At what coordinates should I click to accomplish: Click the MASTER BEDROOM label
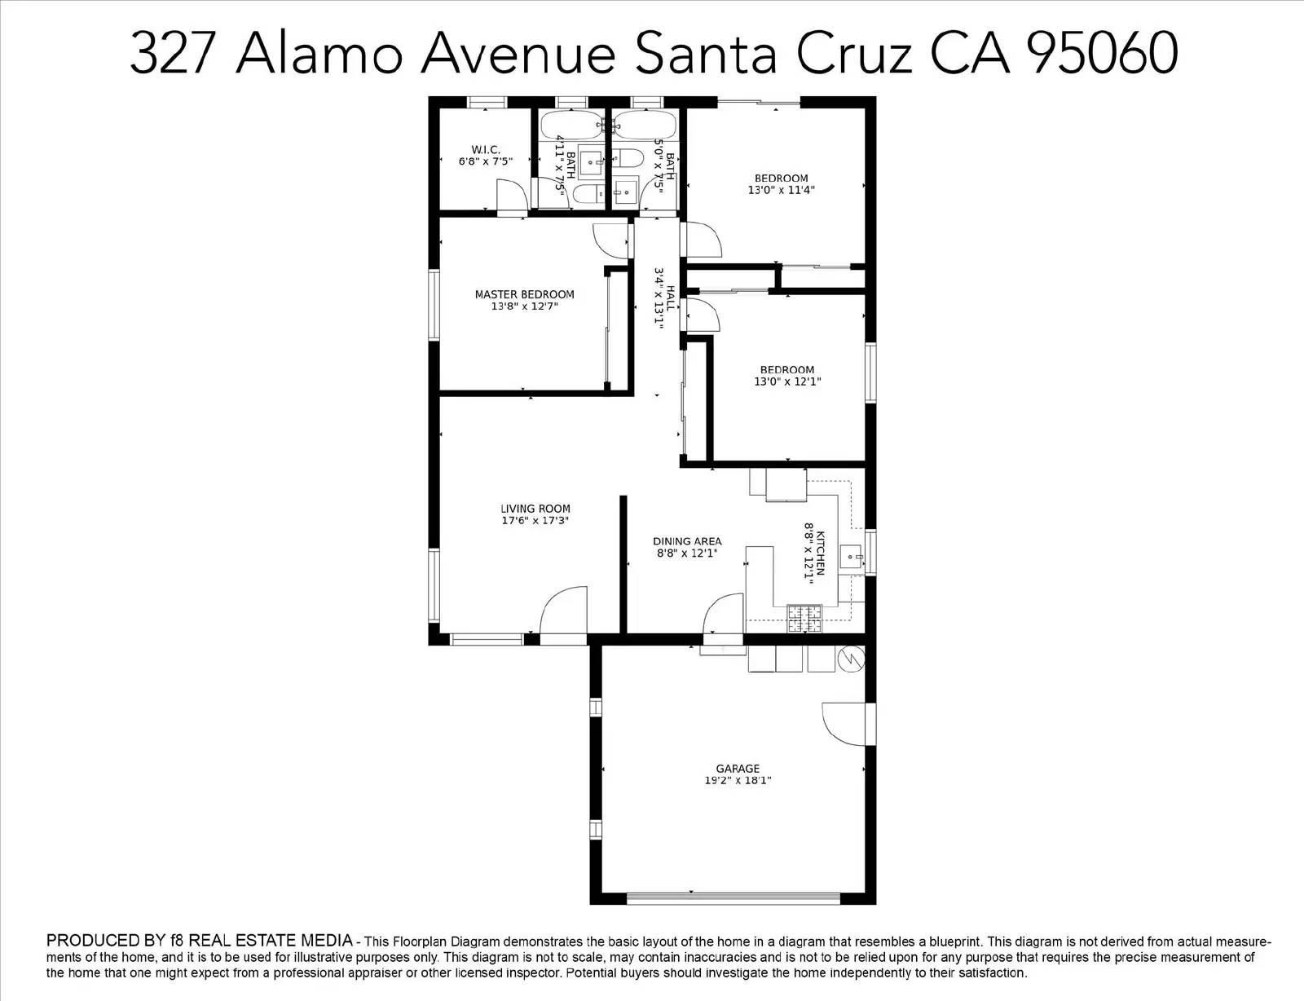(525, 294)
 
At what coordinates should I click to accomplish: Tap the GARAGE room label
(738, 768)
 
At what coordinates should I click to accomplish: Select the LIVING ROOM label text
(535, 509)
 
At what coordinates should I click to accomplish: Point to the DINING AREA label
(687, 541)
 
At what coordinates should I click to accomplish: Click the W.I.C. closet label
(486, 149)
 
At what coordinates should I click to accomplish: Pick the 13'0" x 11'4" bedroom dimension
(781, 190)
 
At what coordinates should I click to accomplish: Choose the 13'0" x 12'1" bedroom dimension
(787, 381)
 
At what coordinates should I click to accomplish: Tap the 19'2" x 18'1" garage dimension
(738, 780)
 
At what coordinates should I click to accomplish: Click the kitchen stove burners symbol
(804, 619)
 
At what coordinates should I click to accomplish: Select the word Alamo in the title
(319, 53)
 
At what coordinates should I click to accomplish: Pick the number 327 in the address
(172, 53)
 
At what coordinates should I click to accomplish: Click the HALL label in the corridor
(671, 299)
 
